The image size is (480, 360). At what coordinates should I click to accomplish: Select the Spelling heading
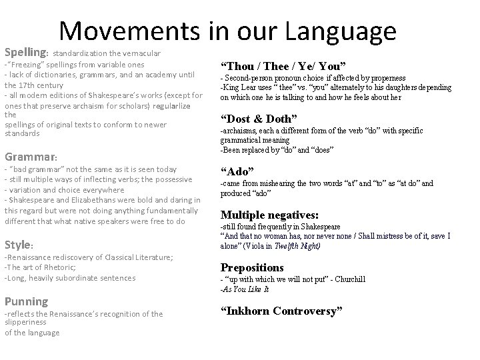(26, 51)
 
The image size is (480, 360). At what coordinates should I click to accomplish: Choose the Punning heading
(26, 301)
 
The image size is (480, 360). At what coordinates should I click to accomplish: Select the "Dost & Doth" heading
(263, 119)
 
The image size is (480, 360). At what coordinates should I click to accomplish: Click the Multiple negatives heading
(270, 215)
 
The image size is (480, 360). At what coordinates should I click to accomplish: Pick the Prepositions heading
(253, 267)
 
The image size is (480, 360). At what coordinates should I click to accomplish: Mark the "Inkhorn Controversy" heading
(281, 311)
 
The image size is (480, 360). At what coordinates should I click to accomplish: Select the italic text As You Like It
(246, 289)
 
